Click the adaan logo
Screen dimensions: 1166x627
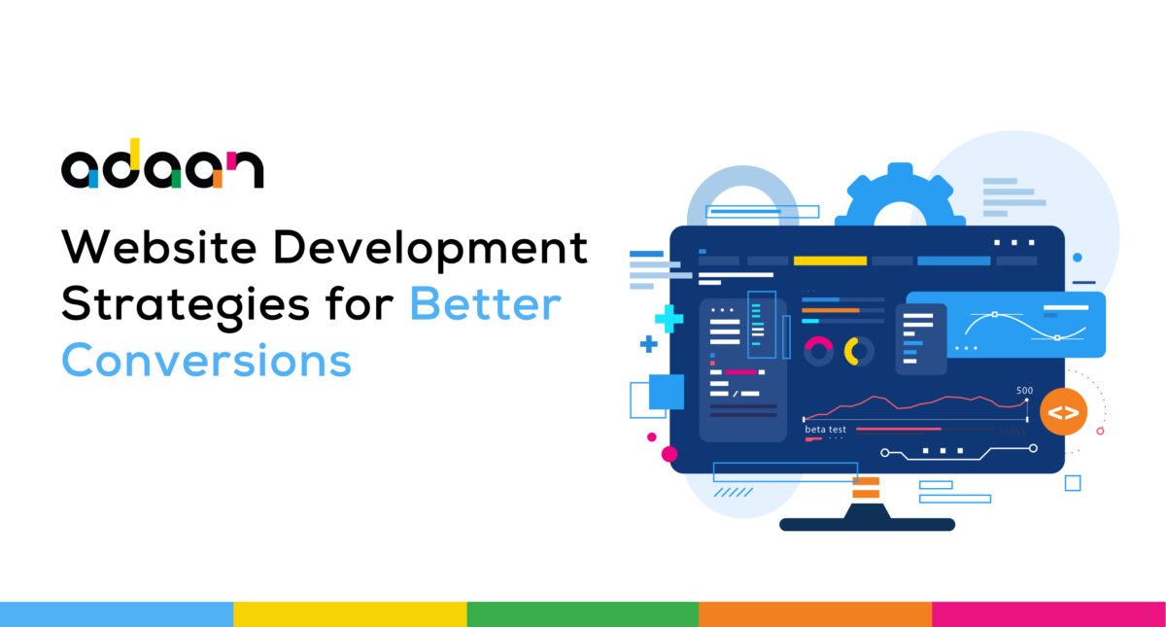pos(162,163)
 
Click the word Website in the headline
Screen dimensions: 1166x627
pos(159,247)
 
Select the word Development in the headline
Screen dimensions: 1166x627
pos(430,251)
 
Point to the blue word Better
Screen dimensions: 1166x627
pos(486,303)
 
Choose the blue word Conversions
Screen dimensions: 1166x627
pos(207,360)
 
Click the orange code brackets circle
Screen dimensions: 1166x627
pos(1063,412)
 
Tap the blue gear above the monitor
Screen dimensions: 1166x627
pos(901,195)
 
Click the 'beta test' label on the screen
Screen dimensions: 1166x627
pos(825,430)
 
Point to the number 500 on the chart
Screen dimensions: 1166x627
pos(1024,391)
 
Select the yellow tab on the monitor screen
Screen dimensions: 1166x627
pos(830,261)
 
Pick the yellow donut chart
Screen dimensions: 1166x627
pos(859,352)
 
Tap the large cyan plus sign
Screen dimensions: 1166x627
pos(669,319)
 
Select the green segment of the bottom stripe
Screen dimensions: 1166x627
pos(582,614)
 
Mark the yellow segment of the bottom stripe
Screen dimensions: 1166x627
pos(350,614)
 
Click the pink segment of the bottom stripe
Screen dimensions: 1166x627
pos(1048,614)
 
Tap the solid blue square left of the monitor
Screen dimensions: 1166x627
pos(667,392)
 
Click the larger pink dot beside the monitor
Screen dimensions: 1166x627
pos(669,454)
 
